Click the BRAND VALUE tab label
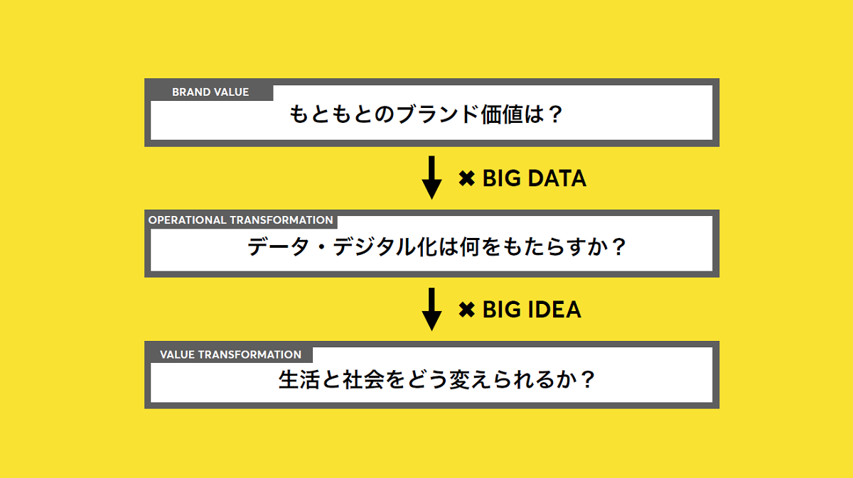coord(210,92)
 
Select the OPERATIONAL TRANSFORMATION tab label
coord(241,220)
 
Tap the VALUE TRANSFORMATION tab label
coord(230,354)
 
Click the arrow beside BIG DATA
coord(431,178)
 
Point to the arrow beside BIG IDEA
coord(431,309)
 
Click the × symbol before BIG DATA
coord(466,178)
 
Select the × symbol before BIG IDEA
coord(466,310)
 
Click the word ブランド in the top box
coord(437,114)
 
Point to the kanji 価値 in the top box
coord(502,114)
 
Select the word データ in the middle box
coord(279,246)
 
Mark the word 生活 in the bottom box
coord(299,380)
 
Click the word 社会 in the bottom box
coord(363,380)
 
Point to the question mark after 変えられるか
coord(588,380)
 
